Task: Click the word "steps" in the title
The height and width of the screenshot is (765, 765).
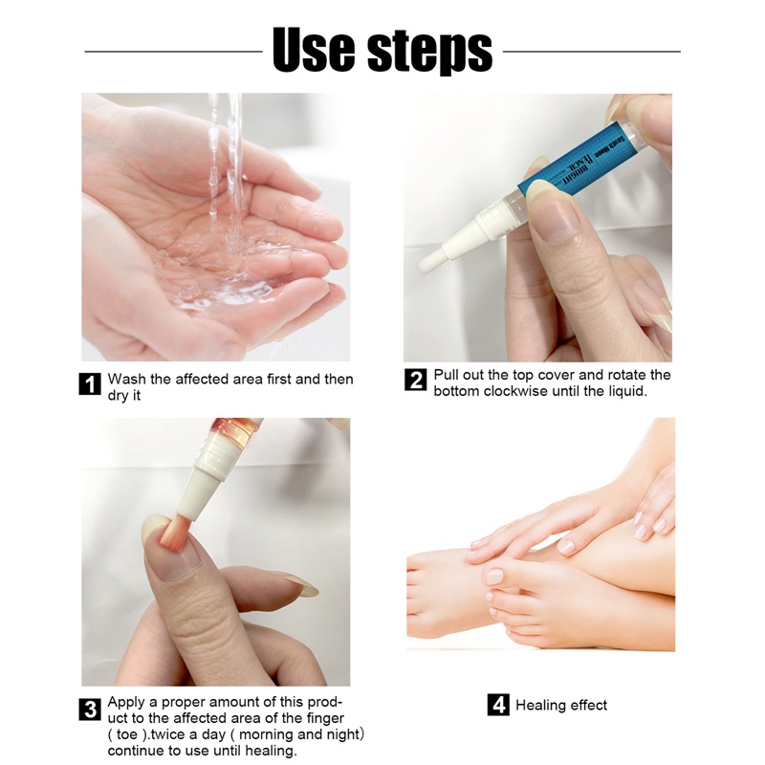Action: pos(429,52)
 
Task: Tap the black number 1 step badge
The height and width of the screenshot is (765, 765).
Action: pos(90,383)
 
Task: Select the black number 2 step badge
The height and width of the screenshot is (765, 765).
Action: pos(415,380)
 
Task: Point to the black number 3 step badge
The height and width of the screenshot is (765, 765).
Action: pos(90,709)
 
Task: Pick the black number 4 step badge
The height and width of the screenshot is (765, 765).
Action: pos(498,705)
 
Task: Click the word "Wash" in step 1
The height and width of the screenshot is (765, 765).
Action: pos(127,379)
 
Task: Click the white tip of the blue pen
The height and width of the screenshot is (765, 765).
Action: pos(426,263)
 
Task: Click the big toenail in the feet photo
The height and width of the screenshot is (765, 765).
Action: pos(494,577)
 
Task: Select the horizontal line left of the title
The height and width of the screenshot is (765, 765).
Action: pos(174,52)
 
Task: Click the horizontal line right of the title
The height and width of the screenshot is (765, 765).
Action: pos(591,52)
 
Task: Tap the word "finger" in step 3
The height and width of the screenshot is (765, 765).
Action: pos(325,718)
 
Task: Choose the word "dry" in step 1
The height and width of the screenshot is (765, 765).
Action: pos(118,396)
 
